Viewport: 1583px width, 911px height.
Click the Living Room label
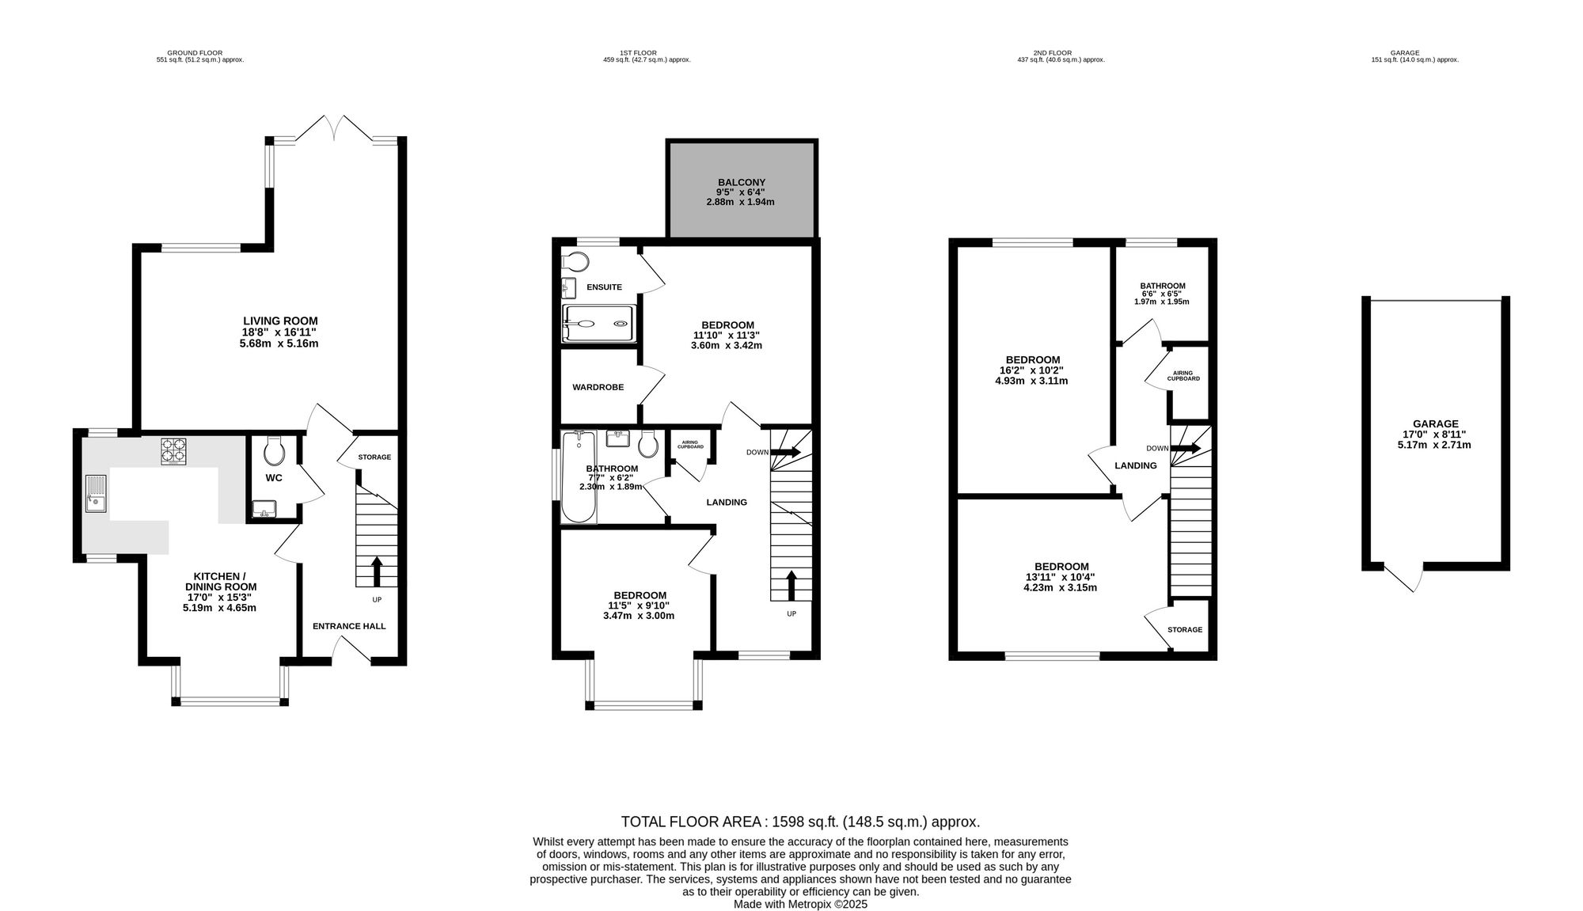280,321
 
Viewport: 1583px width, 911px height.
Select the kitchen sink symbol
96,493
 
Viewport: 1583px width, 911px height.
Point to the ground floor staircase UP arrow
376,571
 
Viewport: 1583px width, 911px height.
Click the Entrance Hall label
349,626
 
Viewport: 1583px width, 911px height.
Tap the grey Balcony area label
742,182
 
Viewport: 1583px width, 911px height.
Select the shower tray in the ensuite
598,324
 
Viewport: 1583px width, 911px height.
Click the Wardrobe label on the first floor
598,387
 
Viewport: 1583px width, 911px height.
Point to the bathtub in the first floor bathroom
579,477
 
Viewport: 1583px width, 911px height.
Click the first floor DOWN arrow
786,452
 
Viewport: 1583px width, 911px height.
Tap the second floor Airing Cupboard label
1183,376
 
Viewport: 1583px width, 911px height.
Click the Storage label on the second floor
1185,630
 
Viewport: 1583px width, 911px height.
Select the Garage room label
1435,423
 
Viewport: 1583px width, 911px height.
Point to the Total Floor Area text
801,822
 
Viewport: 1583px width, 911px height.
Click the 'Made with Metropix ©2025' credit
801,904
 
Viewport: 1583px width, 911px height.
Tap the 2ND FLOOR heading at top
1061,53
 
